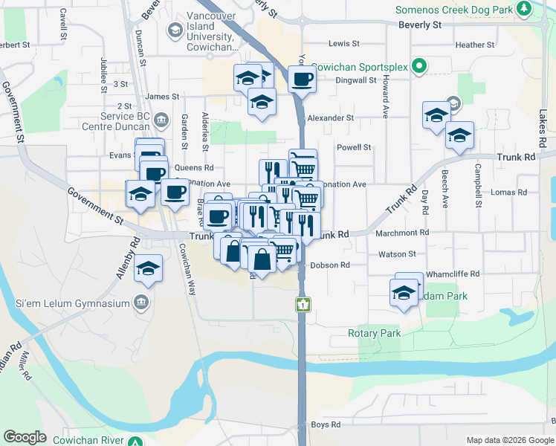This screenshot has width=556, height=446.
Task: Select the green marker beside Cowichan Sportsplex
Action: (x=418, y=66)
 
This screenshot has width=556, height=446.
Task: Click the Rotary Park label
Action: (x=374, y=333)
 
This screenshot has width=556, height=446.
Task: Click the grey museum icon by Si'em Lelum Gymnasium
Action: (x=140, y=303)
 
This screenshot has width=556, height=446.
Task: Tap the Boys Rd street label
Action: (x=326, y=424)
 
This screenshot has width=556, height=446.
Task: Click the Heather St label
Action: (x=474, y=45)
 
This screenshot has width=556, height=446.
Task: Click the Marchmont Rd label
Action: (x=402, y=233)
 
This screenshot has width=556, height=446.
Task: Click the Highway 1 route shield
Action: (x=303, y=303)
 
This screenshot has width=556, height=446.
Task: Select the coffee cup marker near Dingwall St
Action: (x=302, y=79)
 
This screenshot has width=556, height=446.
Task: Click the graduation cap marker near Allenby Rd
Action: (x=149, y=269)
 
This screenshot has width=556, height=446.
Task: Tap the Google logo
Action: (x=25, y=437)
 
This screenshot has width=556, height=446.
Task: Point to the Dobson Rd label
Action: (x=329, y=265)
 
